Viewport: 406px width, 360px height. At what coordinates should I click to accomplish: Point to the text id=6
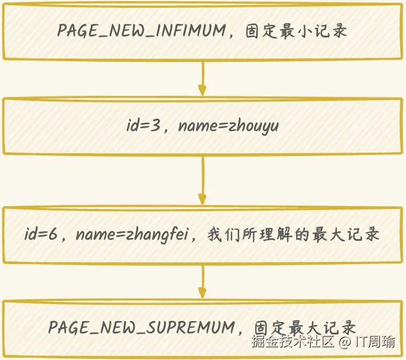click(41, 235)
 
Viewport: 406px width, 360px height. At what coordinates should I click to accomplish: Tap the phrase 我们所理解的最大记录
click(294, 235)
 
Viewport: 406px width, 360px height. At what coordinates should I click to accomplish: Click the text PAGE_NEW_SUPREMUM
click(142, 327)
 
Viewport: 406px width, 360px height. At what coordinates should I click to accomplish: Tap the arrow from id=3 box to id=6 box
click(202, 181)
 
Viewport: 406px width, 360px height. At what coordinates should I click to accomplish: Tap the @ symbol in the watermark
click(345, 342)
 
